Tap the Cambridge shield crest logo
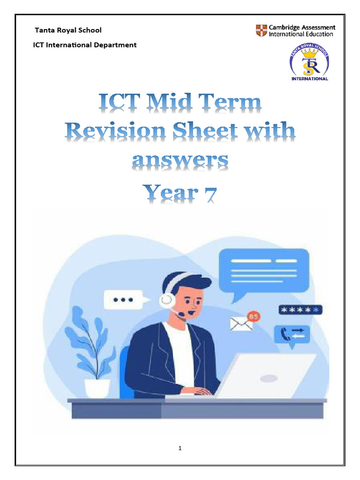[261, 31]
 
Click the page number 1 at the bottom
[180, 448]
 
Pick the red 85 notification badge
[253, 317]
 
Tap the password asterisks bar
[300, 310]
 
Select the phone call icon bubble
[292, 334]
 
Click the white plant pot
[97, 388]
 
